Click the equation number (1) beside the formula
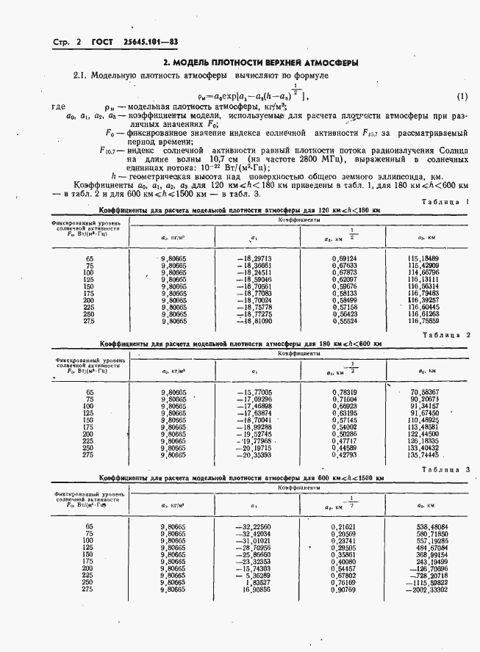[462, 96]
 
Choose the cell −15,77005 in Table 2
[254, 393]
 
